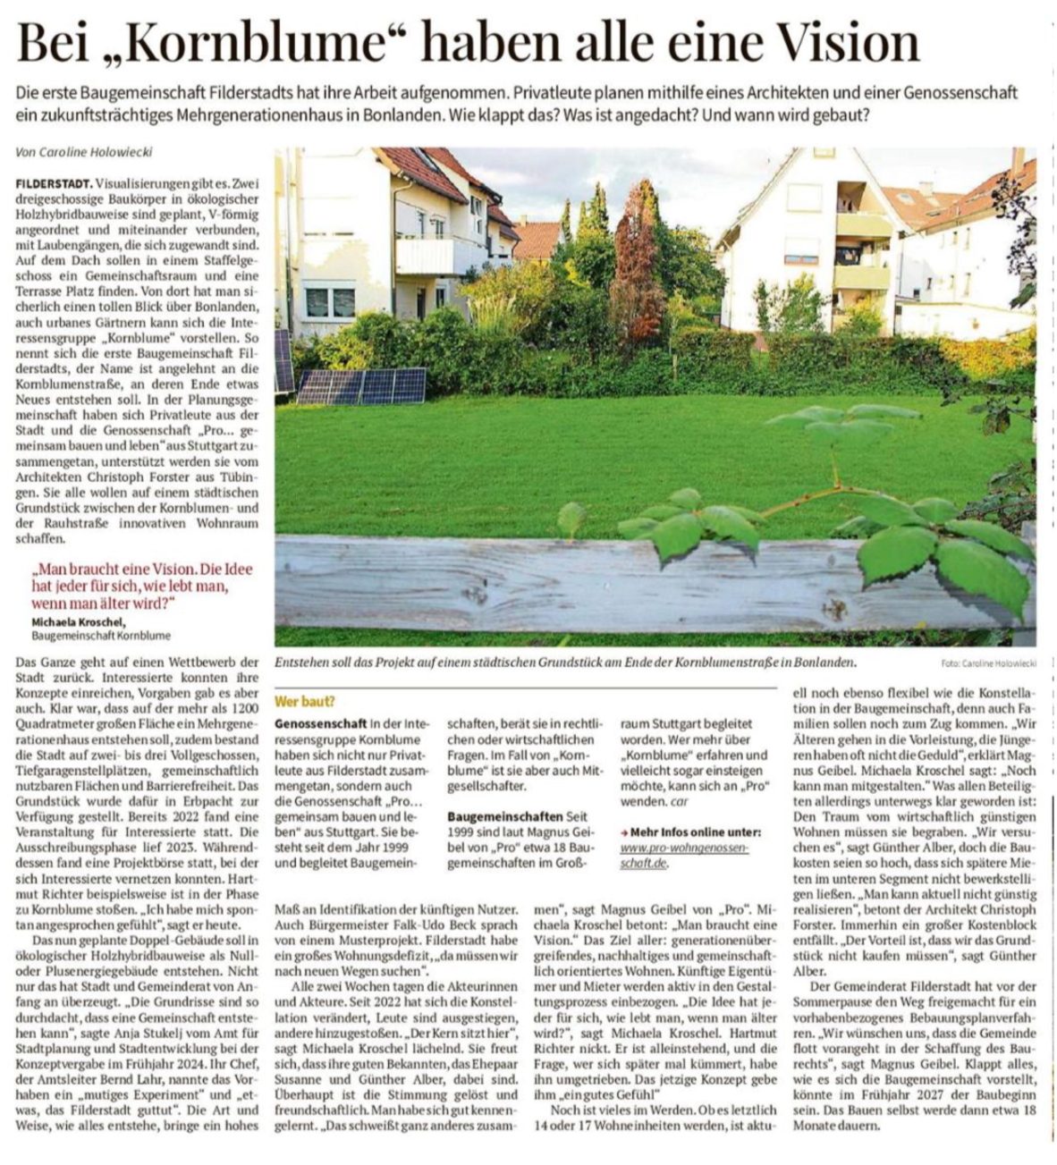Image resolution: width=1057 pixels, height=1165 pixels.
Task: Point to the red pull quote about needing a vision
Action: tap(142, 586)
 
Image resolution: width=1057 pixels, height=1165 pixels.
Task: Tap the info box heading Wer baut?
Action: tap(305, 702)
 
